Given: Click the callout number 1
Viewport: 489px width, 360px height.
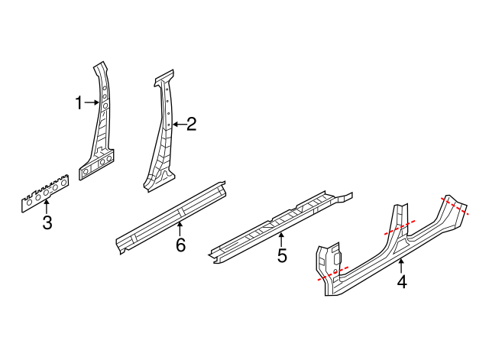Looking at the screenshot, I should [x=78, y=102].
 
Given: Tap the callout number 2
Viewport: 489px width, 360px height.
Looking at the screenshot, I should [x=191, y=124].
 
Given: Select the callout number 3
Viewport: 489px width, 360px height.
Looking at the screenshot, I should [x=47, y=223].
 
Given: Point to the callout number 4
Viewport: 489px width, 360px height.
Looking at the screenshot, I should [x=402, y=282].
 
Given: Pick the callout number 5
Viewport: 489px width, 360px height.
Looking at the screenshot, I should [x=282, y=256].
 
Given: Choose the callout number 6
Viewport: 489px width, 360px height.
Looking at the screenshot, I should [x=180, y=245].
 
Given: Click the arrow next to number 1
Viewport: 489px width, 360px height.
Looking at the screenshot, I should [x=90, y=102].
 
